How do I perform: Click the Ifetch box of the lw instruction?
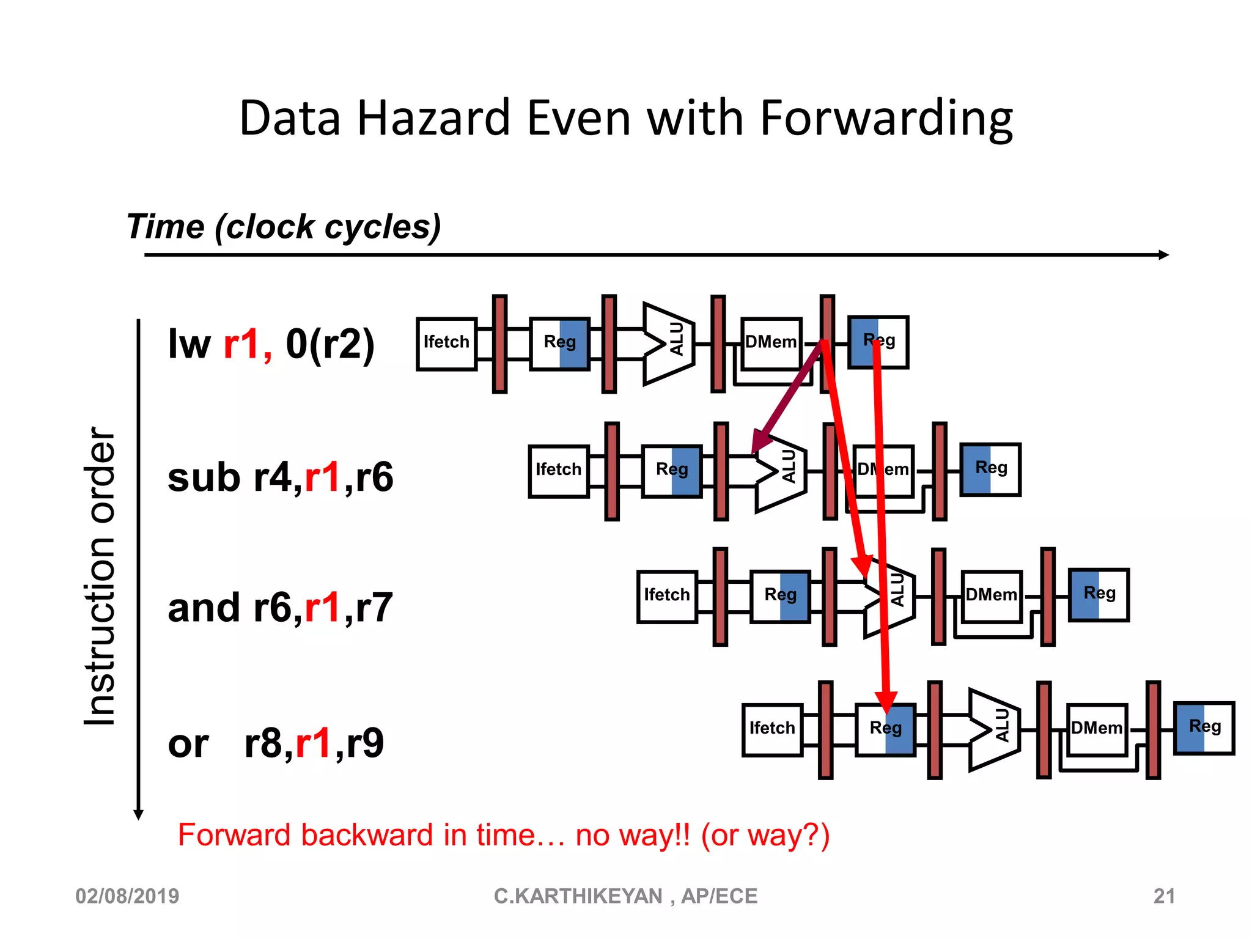446,344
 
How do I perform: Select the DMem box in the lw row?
771,344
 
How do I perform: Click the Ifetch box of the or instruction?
772,729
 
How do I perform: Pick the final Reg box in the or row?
1204,727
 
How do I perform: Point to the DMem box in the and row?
991,596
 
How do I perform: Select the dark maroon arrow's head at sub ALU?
759,441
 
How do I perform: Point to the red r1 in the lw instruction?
245,344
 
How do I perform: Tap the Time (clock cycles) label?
284,227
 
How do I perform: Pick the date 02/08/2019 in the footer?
127,896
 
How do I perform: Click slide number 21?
1164,896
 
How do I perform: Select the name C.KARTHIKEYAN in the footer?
578,896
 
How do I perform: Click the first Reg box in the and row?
780,596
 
